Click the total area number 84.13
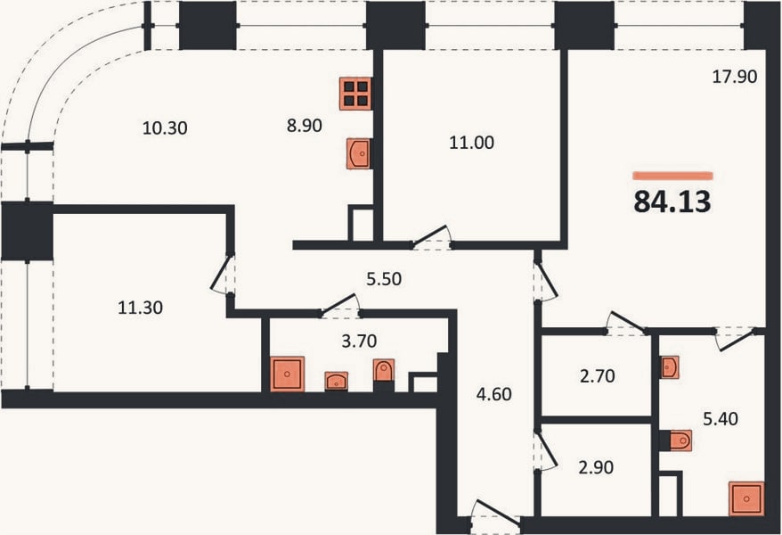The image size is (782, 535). (x=672, y=202)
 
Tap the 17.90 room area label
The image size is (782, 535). (x=734, y=77)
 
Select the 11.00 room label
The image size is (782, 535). (x=472, y=144)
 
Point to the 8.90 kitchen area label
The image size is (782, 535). (x=305, y=126)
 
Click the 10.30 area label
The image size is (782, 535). (x=165, y=128)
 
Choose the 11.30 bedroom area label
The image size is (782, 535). (x=140, y=308)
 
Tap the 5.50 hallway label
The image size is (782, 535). (x=384, y=279)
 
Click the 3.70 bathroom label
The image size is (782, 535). (x=359, y=342)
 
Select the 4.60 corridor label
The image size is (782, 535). (x=493, y=394)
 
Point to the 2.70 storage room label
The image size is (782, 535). (x=598, y=375)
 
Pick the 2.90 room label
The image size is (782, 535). (x=596, y=467)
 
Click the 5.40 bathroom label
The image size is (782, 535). (x=721, y=419)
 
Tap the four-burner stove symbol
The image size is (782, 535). (x=355, y=94)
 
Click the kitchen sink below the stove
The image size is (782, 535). (x=359, y=153)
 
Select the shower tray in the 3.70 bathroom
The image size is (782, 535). (x=288, y=374)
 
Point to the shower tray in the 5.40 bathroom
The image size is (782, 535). (x=746, y=498)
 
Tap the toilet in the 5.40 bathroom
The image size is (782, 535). (x=676, y=440)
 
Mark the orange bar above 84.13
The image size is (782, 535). (x=672, y=176)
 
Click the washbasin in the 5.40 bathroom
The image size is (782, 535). (x=669, y=367)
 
